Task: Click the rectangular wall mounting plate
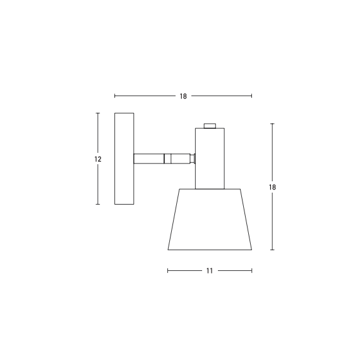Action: coord(124,159)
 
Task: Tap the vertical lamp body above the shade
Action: coord(210,158)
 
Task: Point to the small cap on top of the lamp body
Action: coord(210,126)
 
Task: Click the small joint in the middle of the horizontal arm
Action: coord(167,159)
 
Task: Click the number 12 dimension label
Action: coord(98,159)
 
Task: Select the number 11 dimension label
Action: coord(209,270)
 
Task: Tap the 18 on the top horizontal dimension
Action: coord(183,96)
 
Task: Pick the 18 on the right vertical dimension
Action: coord(272,188)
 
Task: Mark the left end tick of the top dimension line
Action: coord(114,96)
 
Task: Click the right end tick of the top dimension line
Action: coord(252,96)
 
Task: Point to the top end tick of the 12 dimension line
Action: coord(98,113)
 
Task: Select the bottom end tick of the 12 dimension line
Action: coord(98,204)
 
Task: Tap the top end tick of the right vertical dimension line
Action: coord(272,124)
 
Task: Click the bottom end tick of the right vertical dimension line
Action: coord(272,249)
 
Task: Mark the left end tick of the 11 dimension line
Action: coord(167,270)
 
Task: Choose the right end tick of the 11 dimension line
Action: coord(252,270)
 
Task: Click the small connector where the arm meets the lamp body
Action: coord(193,159)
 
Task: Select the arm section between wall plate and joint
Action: coord(149,159)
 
